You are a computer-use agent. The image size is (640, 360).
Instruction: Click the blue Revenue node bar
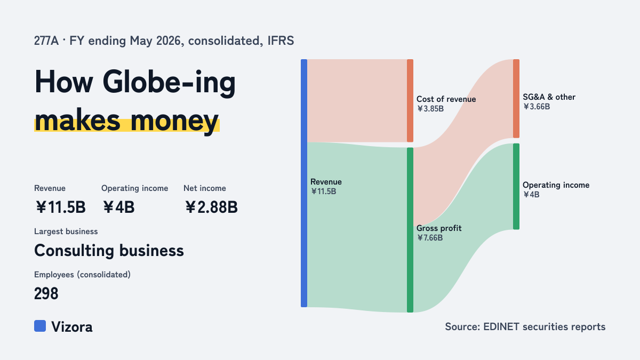[304, 183]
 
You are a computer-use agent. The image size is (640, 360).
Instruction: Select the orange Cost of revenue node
[410, 101]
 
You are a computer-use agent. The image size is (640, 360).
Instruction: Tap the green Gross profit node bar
[410, 230]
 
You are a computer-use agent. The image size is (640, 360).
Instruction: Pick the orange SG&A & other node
[516, 99]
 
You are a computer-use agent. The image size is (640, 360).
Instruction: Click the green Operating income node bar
[516, 186]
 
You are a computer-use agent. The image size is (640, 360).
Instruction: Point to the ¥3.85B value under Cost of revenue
[430, 109]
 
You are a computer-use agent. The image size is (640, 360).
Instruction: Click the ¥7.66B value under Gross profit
[430, 238]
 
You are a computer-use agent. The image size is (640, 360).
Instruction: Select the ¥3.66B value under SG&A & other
[537, 107]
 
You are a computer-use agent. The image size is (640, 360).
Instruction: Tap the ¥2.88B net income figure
[211, 207]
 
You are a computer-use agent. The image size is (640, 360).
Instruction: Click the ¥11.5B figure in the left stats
[61, 207]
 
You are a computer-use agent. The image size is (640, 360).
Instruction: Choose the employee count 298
[46, 293]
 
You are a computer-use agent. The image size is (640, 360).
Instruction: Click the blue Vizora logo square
[40, 326]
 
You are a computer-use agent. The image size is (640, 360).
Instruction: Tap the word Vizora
[71, 327]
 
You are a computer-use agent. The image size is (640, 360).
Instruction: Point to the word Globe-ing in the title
[169, 82]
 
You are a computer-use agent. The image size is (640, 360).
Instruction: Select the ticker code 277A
[46, 41]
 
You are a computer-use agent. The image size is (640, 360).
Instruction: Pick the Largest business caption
[66, 231]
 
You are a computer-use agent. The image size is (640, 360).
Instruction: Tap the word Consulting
[74, 251]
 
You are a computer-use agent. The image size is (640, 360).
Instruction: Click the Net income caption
[205, 188]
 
